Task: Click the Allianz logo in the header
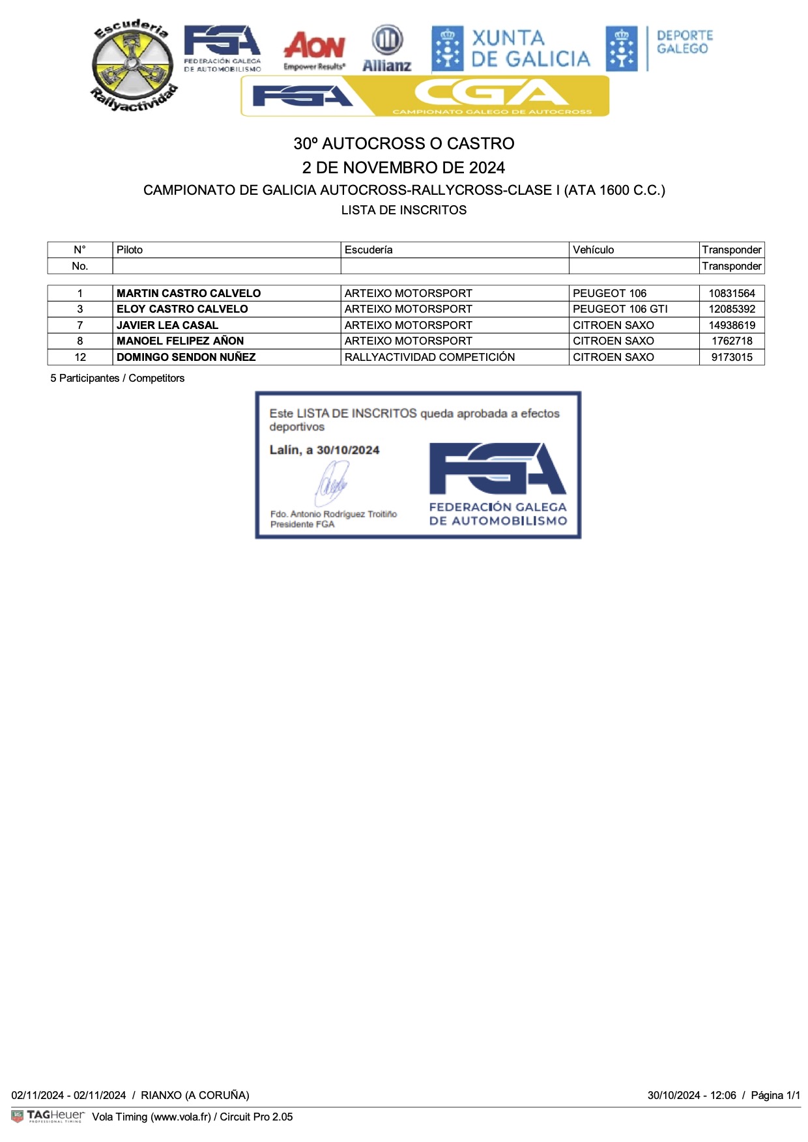pos(387,49)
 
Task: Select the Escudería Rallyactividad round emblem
pos(134,65)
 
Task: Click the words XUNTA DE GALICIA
pos(530,49)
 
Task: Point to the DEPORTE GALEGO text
pos(684,42)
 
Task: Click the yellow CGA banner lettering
pos(493,94)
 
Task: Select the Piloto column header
pos(130,250)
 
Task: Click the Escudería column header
pos(368,250)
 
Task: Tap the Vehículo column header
pos(593,250)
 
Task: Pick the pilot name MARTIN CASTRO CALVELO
pos(188,293)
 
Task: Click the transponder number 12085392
pos(732,309)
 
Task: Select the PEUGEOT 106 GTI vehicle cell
pos(620,309)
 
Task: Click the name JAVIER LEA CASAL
pos(167,325)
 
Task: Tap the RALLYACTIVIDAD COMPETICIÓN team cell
pos(429,357)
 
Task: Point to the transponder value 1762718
pos(732,341)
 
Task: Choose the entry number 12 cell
pos(80,357)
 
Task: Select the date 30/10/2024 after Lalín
pos(348,450)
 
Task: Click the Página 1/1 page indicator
pos(775,1095)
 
